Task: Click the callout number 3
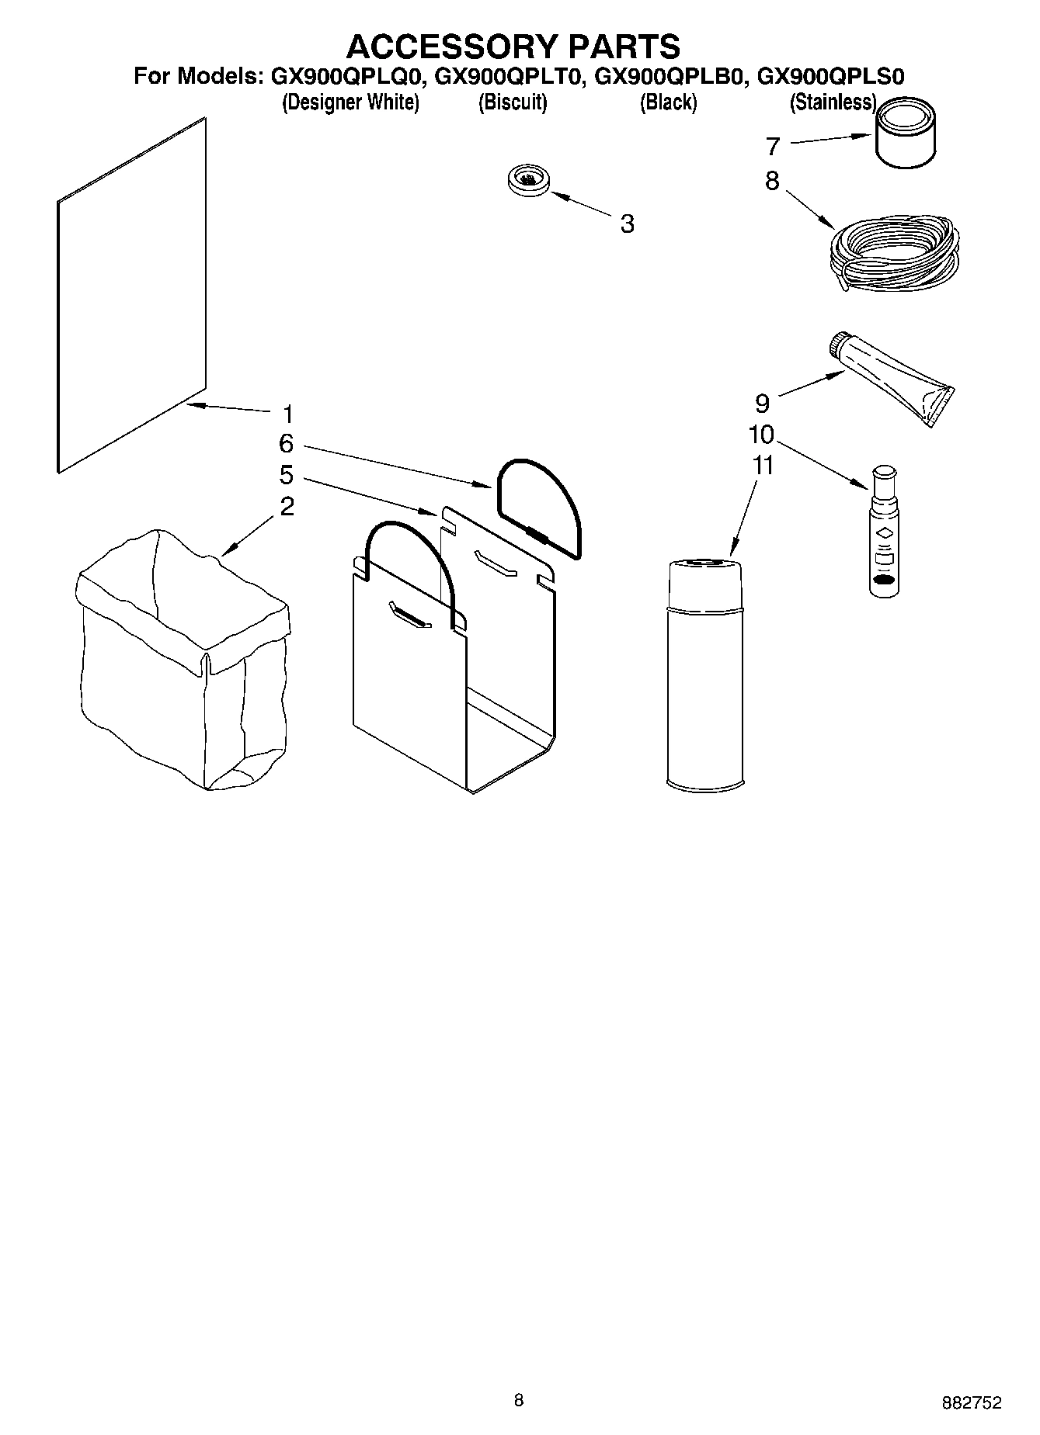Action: click(x=627, y=224)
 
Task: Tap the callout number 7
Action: click(x=772, y=146)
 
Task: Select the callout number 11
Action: click(x=763, y=466)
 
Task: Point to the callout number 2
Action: click(x=287, y=507)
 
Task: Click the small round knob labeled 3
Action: click(x=528, y=180)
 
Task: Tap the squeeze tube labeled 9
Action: click(x=893, y=377)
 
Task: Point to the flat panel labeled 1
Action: click(x=132, y=295)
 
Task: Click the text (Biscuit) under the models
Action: click(x=513, y=102)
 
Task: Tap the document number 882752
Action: click(x=971, y=1402)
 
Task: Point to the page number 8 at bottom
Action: click(x=519, y=1400)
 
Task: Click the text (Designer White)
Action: click(x=350, y=102)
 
